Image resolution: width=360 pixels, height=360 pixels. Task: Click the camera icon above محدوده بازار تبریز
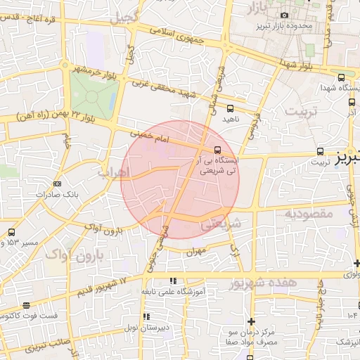(284, 15)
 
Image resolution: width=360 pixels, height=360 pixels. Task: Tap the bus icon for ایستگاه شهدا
(341, 77)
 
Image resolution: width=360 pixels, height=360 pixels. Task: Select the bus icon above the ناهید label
(230, 108)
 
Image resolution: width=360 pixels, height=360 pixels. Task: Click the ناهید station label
(231, 119)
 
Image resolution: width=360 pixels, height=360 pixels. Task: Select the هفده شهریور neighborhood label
(264, 283)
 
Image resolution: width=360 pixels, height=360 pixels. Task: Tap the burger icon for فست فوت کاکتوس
(26, 305)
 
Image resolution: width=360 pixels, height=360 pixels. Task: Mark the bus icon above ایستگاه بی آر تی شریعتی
(217, 150)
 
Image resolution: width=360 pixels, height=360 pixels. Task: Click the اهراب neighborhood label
(112, 172)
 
